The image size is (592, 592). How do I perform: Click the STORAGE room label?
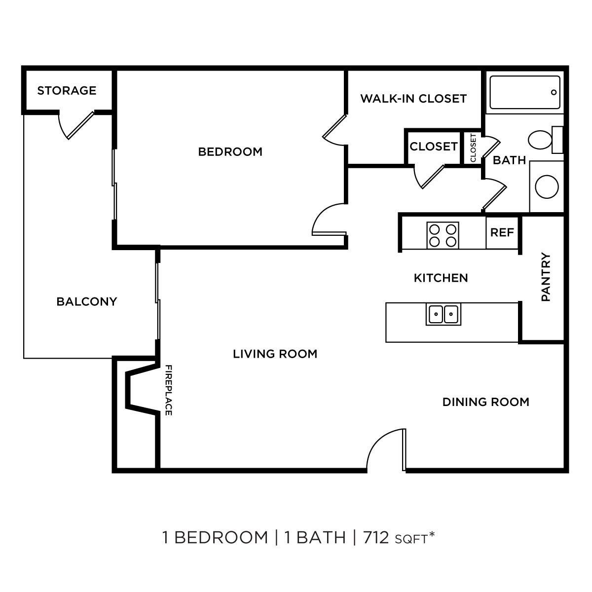[x=67, y=91]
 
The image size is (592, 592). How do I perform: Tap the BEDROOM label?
[x=230, y=151]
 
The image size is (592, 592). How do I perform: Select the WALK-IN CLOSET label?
[x=413, y=99]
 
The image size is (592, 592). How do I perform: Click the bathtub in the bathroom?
[x=524, y=92]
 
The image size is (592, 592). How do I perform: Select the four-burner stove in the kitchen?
[x=443, y=235]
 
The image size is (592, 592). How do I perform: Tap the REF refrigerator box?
[x=502, y=232]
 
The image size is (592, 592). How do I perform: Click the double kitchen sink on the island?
[x=443, y=314]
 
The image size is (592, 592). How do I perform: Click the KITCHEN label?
[x=441, y=278]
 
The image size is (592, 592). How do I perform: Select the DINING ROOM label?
[x=485, y=402]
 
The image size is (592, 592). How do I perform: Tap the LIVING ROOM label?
[x=275, y=354]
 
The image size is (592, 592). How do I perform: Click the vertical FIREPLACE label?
[x=168, y=390]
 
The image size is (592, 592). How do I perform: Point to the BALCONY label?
[x=86, y=301]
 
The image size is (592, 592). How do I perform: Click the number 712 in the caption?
[x=376, y=537]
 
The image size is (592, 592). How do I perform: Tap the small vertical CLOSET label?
[x=473, y=148]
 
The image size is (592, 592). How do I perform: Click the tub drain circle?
[x=554, y=92]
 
